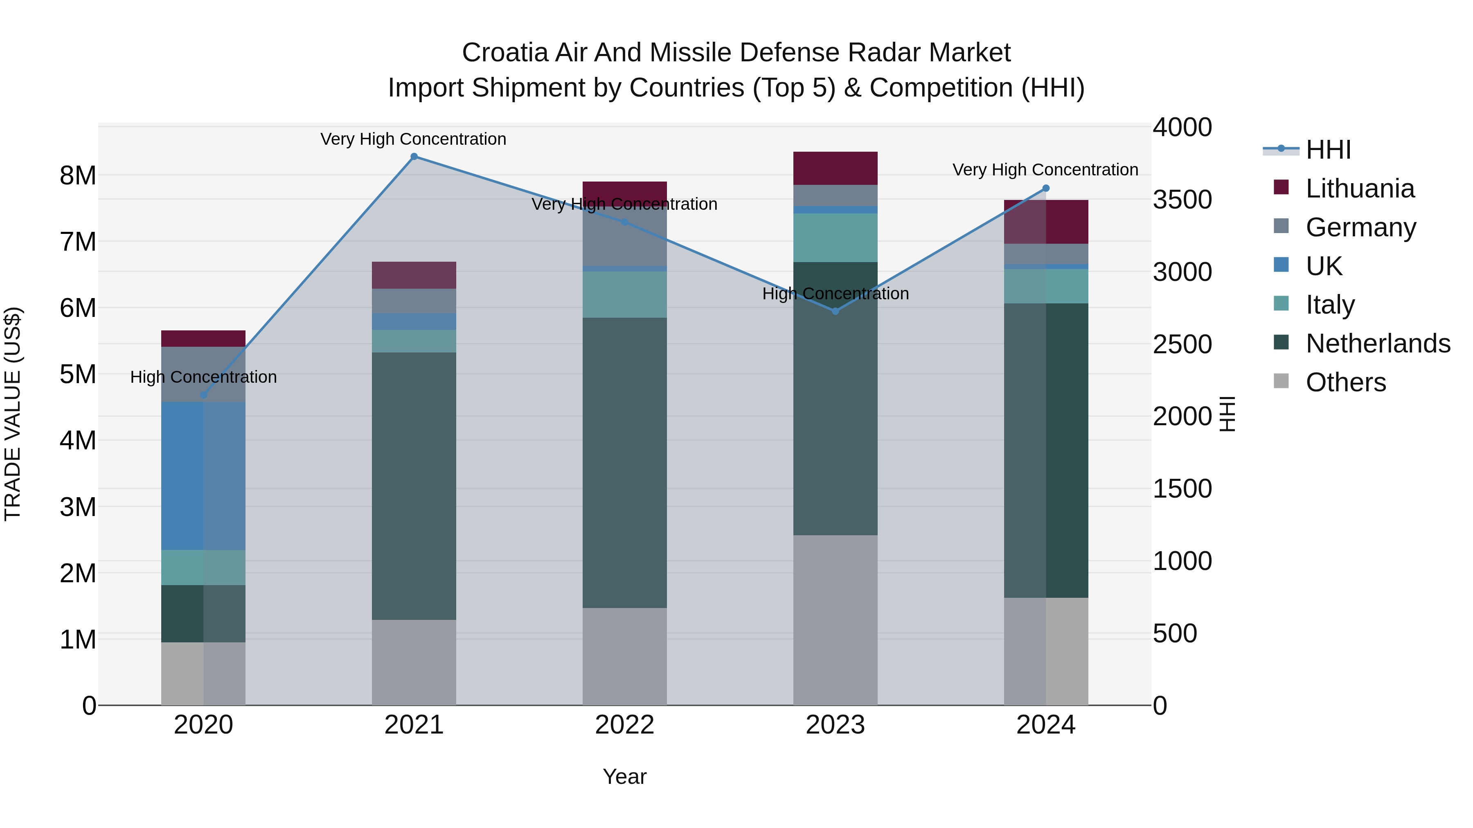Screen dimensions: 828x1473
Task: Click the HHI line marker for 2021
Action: [x=414, y=157]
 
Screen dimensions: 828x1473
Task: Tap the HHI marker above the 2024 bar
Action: [x=1046, y=188]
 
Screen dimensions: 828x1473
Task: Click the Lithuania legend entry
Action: [x=1360, y=188]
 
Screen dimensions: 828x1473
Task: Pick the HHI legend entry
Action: [x=1328, y=150]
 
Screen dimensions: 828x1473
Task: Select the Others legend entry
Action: [x=1345, y=382]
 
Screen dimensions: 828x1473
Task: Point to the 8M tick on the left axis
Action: [x=78, y=175]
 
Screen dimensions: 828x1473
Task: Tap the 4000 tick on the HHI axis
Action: [x=1181, y=128]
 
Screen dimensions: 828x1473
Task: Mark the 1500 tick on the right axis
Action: [x=1181, y=489]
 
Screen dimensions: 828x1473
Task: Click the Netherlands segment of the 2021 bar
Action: [x=414, y=486]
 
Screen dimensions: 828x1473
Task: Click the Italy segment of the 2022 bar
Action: [x=624, y=294]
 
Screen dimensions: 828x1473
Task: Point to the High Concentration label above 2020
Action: [x=204, y=377]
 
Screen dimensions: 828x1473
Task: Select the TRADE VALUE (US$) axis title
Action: [x=13, y=414]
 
